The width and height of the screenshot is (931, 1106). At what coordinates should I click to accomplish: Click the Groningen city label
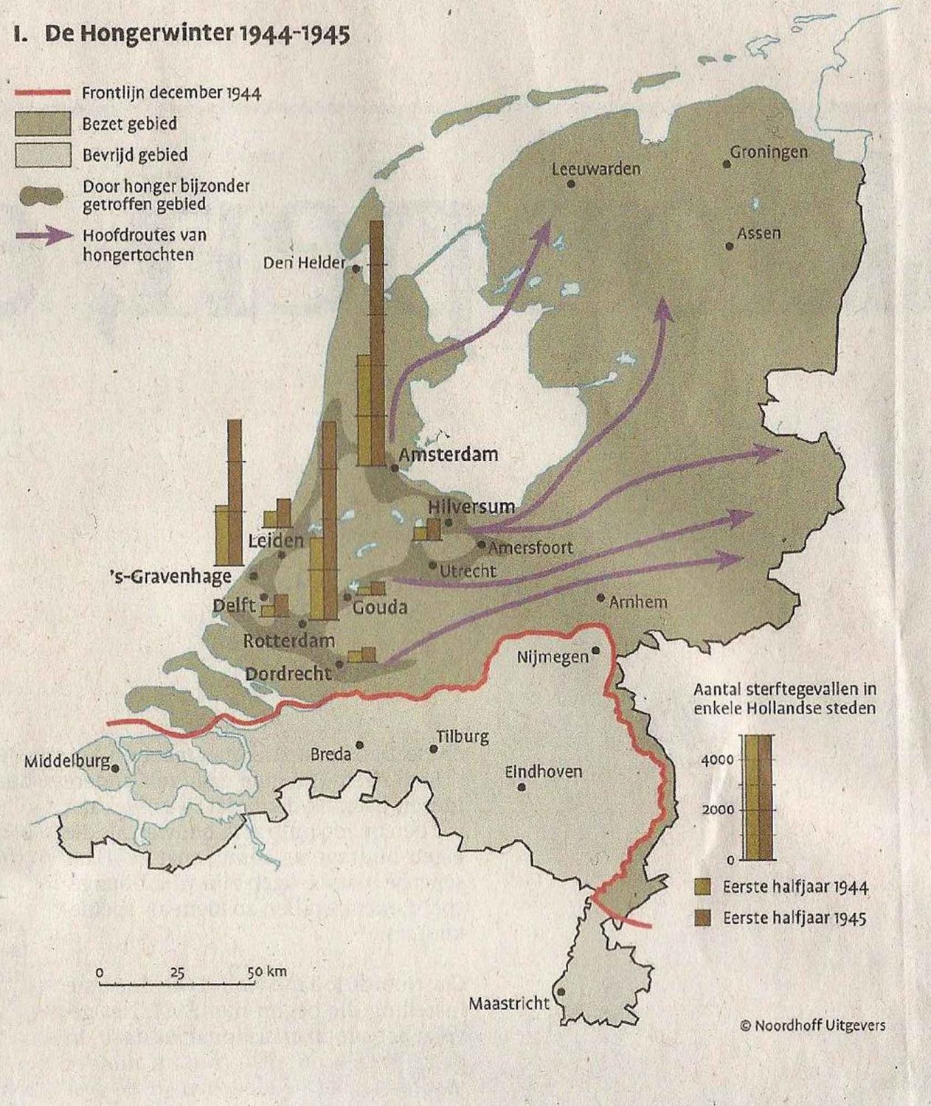click(769, 152)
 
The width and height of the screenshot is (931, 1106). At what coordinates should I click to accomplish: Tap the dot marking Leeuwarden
click(571, 184)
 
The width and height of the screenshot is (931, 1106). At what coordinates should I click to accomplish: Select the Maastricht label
click(509, 1004)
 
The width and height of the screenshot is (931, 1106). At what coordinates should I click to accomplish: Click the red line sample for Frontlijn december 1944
click(42, 93)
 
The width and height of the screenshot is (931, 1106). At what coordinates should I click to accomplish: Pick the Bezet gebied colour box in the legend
click(43, 124)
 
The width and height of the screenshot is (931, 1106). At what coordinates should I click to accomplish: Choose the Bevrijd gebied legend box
click(43, 155)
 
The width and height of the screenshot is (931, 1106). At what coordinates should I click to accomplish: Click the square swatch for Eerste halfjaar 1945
click(703, 918)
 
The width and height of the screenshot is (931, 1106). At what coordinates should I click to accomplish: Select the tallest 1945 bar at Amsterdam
click(377, 343)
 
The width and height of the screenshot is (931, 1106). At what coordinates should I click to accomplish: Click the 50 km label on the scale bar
click(266, 972)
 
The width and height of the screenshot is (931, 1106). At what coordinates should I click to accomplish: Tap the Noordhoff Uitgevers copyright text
click(811, 1025)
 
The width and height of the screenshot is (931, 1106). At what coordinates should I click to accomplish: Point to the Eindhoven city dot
click(522, 787)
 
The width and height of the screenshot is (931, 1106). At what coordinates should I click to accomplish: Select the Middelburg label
click(66, 761)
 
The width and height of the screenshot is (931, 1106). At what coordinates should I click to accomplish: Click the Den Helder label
click(304, 262)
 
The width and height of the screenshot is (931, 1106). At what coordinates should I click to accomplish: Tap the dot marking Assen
click(730, 246)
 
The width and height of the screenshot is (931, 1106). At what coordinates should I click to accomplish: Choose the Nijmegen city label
click(553, 656)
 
